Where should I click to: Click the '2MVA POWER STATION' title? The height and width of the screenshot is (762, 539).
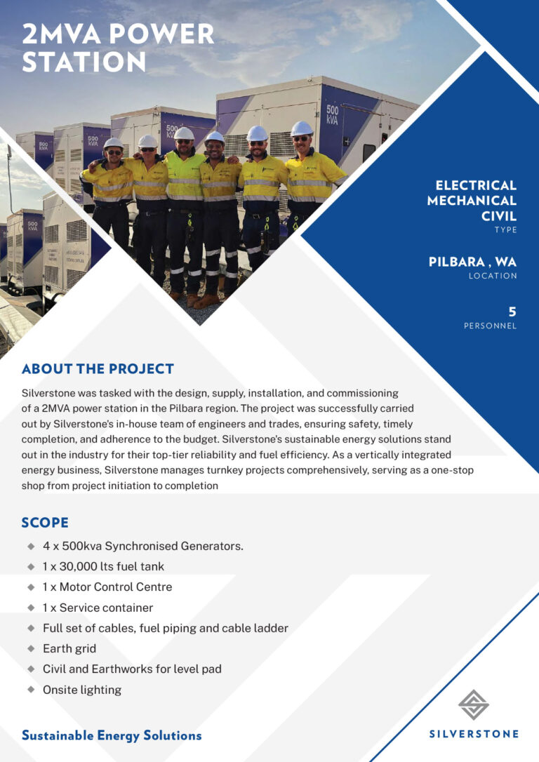pyautogui.click(x=118, y=48)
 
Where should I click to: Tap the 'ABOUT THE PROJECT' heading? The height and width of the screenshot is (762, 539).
pyautogui.click(x=98, y=368)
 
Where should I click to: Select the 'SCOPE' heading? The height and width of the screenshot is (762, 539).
pyautogui.click(x=45, y=523)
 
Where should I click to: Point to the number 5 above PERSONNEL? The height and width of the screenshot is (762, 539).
pyautogui.click(x=512, y=312)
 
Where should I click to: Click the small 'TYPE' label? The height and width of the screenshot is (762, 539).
pyautogui.click(x=505, y=229)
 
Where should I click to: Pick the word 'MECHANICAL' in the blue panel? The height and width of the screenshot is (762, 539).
pyautogui.click(x=472, y=200)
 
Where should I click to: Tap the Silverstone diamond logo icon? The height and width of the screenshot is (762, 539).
pyautogui.click(x=474, y=704)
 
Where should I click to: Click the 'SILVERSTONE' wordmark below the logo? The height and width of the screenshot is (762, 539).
pyautogui.click(x=474, y=734)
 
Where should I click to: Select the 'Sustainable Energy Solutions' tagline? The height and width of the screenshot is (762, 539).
pyautogui.click(x=112, y=735)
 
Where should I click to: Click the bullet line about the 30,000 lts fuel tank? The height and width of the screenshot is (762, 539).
pyautogui.click(x=103, y=566)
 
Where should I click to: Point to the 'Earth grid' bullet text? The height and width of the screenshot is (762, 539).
pyautogui.click(x=69, y=648)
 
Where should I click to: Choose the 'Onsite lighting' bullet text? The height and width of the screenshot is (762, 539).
pyautogui.click(x=82, y=690)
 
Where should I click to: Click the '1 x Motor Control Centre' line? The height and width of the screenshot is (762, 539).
pyautogui.click(x=107, y=587)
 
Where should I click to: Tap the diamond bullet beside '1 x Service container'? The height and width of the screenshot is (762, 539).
pyautogui.click(x=31, y=608)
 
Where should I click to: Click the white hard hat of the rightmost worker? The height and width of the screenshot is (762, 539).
pyautogui.click(x=302, y=128)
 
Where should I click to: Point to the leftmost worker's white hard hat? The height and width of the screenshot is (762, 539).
pyautogui.click(x=113, y=143)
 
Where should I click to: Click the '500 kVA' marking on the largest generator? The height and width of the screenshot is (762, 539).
pyautogui.click(x=332, y=114)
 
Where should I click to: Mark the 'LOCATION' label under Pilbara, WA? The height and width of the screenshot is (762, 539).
pyautogui.click(x=493, y=276)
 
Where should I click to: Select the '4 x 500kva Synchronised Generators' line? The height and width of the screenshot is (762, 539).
pyautogui.click(x=143, y=546)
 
